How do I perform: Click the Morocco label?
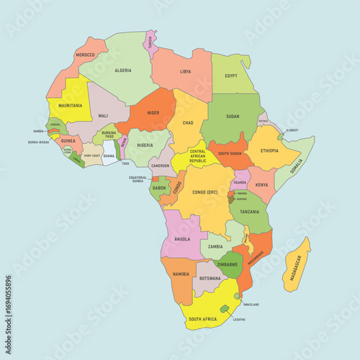(86, 55)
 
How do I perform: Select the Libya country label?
(186, 72)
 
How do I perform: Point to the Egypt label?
(231, 76)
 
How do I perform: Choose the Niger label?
(153, 112)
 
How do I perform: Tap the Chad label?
(188, 123)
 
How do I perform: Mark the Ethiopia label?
(269, 150)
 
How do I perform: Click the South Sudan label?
(230, 153)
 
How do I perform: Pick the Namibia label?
(181, 274)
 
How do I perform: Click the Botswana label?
(210, 278)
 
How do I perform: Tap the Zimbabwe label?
(228, 265)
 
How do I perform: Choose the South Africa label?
(204, 318)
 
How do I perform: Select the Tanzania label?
(250, 212)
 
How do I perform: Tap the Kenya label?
(262, 185)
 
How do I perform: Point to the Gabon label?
(159, 189)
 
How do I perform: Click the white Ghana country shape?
(109, 153)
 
